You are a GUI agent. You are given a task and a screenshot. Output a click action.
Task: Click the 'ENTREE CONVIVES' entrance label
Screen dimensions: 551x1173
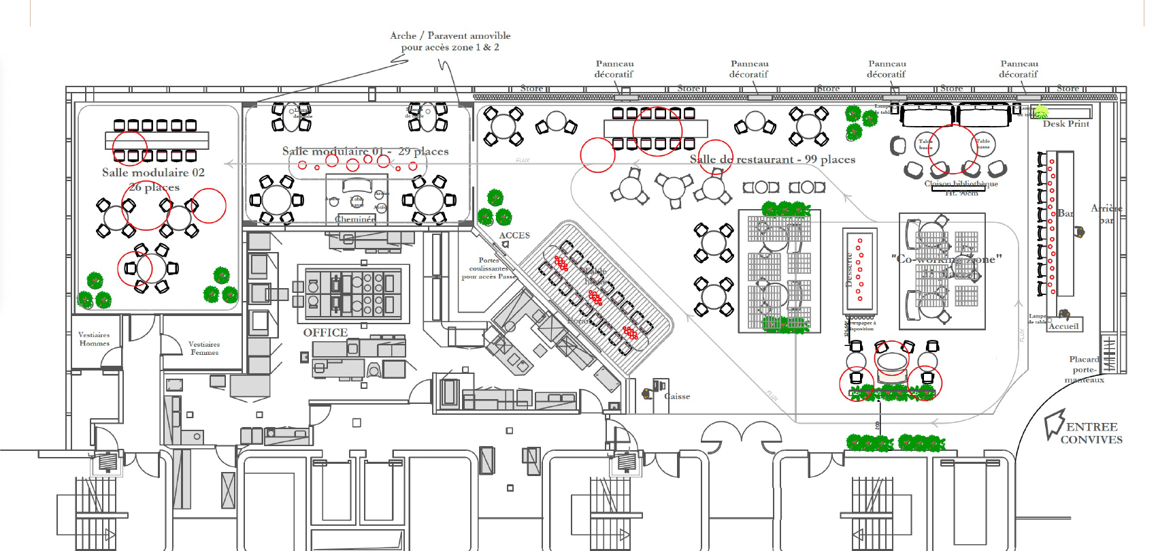pos(1091,433)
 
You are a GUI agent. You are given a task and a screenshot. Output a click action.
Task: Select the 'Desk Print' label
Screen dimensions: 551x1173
pos(1065,124)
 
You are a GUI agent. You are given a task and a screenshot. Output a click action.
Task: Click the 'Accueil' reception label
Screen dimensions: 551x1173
pos(1063,326)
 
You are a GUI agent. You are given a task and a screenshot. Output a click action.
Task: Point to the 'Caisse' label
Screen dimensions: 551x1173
pos(677,396)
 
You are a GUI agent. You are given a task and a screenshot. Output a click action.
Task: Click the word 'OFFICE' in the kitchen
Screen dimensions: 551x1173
pos(325,332)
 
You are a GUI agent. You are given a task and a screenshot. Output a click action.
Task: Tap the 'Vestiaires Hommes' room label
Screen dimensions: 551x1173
pos(94,339)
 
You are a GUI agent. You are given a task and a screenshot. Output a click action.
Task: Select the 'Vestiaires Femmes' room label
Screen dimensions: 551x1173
pos(204,348)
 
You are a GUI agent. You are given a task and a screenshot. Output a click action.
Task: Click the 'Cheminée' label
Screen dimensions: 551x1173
pos(355,219)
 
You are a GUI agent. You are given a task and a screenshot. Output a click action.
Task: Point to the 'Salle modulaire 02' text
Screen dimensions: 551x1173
pos(153,173)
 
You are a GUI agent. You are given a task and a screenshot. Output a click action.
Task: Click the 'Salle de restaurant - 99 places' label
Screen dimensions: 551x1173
pos(772,159)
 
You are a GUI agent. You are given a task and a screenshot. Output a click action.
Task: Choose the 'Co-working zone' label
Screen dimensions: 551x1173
pos(946,259)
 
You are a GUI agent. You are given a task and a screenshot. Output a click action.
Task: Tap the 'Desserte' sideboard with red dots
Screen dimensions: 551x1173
pos(859,270)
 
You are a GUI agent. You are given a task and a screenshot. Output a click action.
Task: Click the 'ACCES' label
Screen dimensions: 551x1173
pos(514,236)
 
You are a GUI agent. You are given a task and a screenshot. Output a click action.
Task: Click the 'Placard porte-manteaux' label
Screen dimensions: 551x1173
pos(1085,369)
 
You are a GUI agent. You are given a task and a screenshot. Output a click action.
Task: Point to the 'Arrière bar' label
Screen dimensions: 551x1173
pos(1106,214)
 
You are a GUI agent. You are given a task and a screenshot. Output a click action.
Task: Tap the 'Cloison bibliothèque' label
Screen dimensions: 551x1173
pos(961,184)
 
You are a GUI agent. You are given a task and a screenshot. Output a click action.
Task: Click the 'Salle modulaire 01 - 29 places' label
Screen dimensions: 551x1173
pos(365,151)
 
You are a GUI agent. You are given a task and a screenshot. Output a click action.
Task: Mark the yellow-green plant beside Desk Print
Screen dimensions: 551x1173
pos(1041,112)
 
